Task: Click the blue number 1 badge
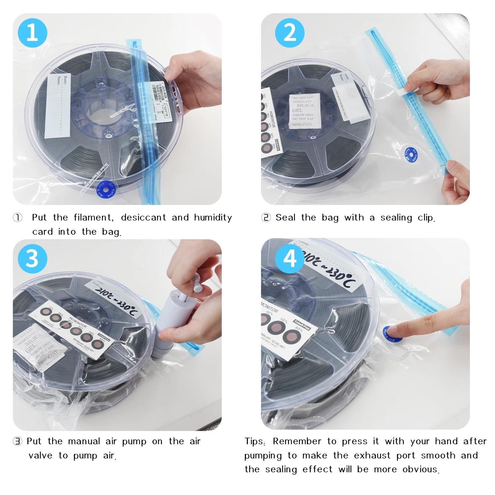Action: [x=32, y=33]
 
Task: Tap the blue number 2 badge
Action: [x=290, y=33]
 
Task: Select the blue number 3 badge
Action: [x=32, y=259]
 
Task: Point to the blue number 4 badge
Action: [x=290, y=259]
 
